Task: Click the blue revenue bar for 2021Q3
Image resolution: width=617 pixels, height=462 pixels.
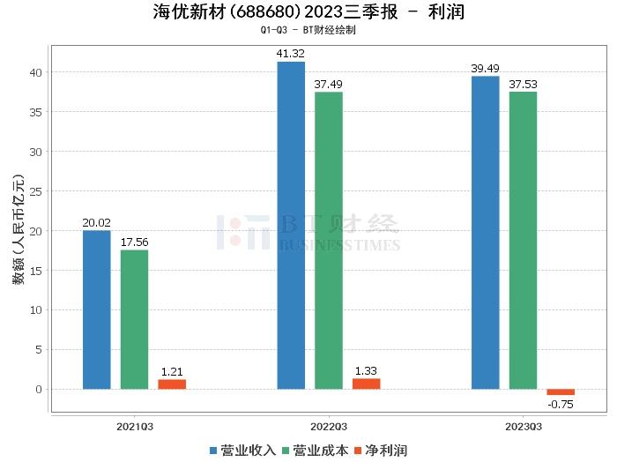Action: click(x=97, y=309)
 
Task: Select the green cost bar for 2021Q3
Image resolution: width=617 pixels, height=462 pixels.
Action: click(x=134, y=319)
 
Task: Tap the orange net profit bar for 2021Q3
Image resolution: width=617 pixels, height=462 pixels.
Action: click(x=172, y=384)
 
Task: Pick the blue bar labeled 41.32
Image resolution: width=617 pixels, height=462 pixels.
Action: click(x=291, y=225)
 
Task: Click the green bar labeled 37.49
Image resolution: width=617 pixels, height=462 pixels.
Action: click(x=329, y=240)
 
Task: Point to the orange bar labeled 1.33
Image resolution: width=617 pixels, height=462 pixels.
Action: click(x=366, y=384)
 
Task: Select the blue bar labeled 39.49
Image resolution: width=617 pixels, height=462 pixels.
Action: click(x=485, y=232)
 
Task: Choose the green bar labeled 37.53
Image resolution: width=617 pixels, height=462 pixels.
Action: click(x=523, y=240)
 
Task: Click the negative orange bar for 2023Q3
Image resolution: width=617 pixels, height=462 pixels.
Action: click(x=561, y=391)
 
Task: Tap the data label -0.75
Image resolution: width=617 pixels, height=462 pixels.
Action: click(x=561, y=404)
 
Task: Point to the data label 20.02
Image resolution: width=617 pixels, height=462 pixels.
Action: click(x=97, y=223)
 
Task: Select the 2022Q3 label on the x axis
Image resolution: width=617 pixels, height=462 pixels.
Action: click(x=329, y=427)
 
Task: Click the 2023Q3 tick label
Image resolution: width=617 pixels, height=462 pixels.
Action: click(x=523, y=427)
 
